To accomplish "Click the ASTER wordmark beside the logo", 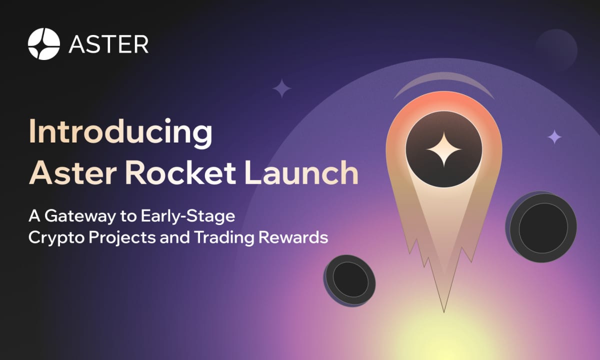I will (108, 44).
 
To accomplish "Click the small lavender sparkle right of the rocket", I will (554, 136).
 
